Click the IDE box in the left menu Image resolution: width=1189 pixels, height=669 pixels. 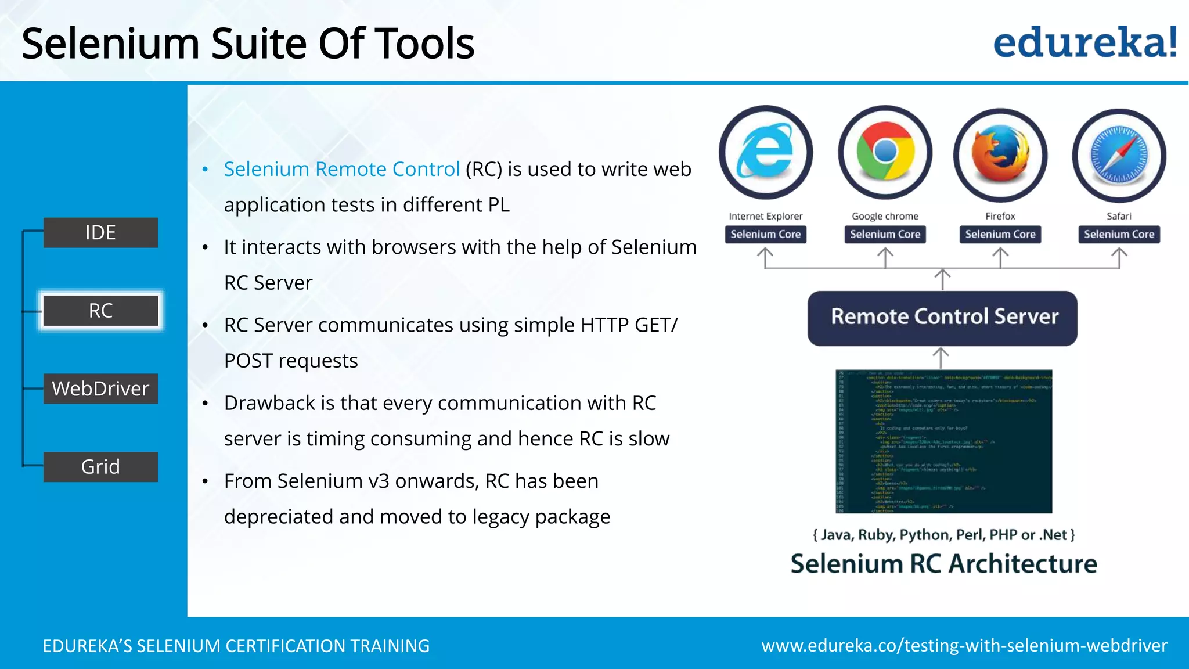pyautogui.click(x=100, y=232)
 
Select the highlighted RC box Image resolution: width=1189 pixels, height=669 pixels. pyautogui.click(x=100, y=311)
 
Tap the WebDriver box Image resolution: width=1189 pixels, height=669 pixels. pyautogui.click(x=100, y=389)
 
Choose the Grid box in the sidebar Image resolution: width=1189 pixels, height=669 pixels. pyautogui.click(x=100, y=467)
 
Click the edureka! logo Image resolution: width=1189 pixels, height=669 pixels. pyautogui.click(x=1084, y=43)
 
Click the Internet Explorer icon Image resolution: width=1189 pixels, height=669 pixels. pyautogui.click(x=766, y=152)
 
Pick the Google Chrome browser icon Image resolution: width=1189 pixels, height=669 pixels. pyautogui.click(x=885, y=152)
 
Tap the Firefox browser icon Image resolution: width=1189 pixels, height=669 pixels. pyautogui.click(x=1000, y=154)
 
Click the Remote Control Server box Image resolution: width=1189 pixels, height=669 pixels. pyautogui.click(x=942, y=318)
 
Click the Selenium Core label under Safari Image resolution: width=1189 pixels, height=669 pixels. pyautogui.click(x=1119, y=235)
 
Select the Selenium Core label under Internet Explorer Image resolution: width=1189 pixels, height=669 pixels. pyautogui.click(x=765, y=235)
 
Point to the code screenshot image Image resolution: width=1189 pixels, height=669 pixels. pyautogui.click(x=943, y=441)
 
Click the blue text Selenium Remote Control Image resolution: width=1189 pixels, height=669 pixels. pyautogui.click(x=341, y=169)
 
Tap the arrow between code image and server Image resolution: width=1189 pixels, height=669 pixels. pyautogui.click(x=941, y=357)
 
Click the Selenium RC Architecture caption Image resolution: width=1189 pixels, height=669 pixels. pyautogui.click(x=943, y=564)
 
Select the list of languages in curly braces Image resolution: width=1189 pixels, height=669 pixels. pyautogui.click(x=943, y=534)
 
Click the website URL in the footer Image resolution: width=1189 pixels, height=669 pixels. pyautogui.click(x=964, y=646)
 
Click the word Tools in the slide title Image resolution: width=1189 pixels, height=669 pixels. pyautogui.click(x=424, y=44)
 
